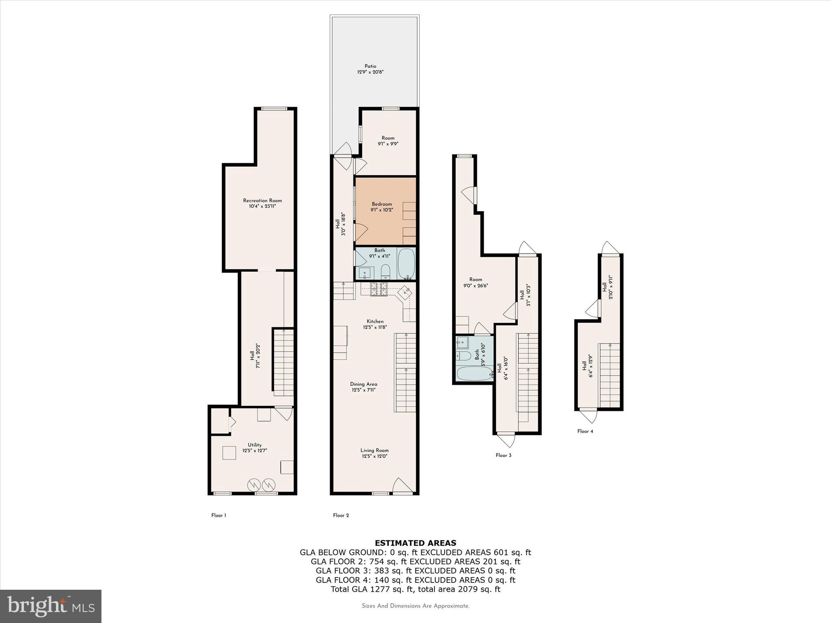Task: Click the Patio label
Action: [x=370, y=66]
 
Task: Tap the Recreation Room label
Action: [x=262, y=200]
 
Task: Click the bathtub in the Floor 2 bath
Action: [x=406, y=263]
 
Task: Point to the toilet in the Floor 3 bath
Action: [x=463, y=356]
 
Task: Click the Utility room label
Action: [x=254, y=445]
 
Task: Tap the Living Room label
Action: [x=374, y=450]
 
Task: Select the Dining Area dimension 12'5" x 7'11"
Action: [x=363, y=390]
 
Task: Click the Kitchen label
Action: [x=375, y=321]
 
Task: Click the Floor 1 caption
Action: [x=218, y=516]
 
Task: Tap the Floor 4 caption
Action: [x=585, y=431]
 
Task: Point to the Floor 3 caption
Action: [x=503, y=455]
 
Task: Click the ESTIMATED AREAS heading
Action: [x=415, y=543]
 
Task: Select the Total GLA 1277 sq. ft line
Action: [x=415, y=589]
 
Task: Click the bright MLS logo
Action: [x=51, y=606]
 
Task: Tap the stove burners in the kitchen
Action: [x=379, y=289]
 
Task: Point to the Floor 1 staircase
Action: [x=283, y=363]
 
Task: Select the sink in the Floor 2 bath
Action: [x=364, y=273]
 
